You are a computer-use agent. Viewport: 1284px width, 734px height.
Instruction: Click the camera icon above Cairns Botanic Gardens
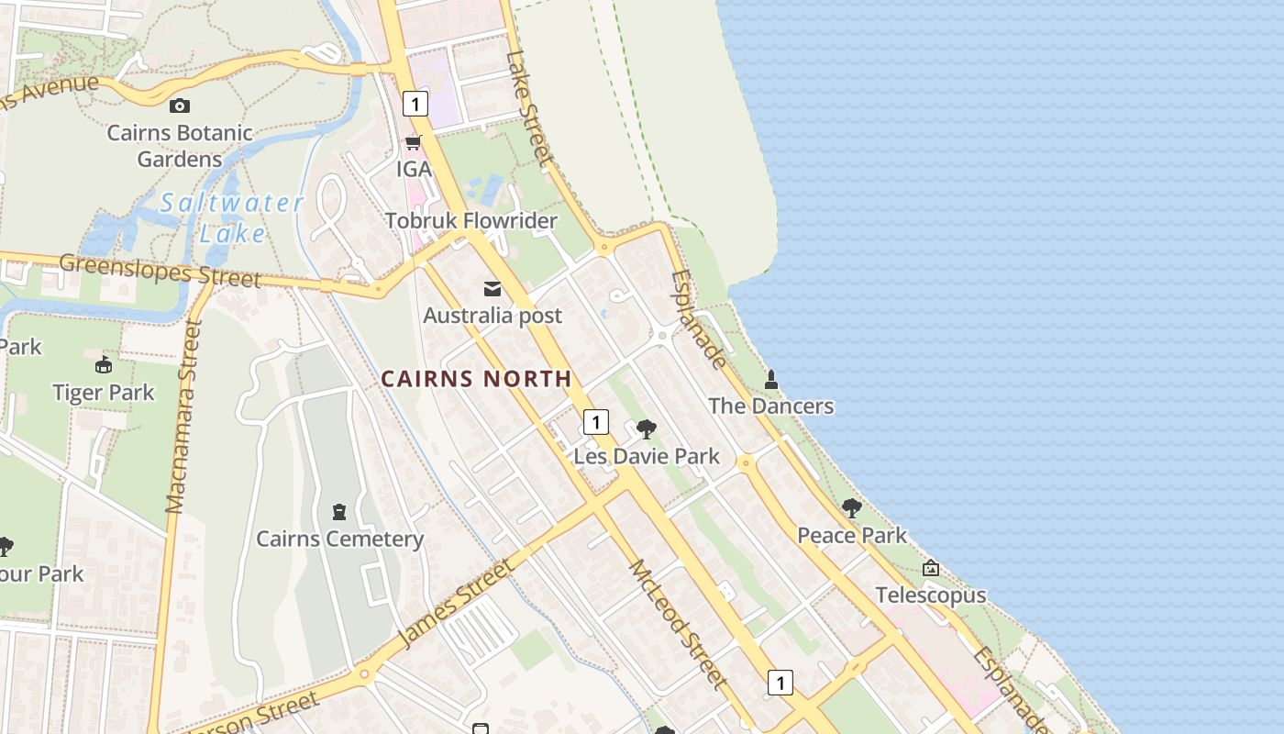coord(180,106)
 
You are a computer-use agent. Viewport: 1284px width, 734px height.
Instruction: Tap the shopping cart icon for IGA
coord(413,142)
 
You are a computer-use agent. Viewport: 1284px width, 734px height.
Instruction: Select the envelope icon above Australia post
coord(493,290)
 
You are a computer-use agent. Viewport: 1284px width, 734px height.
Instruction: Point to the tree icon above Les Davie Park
coord(647,428)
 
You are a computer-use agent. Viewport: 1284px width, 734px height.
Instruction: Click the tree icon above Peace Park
coord(852,507)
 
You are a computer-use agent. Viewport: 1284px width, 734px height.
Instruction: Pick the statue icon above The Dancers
coord(771,379)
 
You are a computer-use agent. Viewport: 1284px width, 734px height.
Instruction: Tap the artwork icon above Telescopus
coord(931,569)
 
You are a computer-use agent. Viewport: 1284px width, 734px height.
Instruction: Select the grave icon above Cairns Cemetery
coord(339,511)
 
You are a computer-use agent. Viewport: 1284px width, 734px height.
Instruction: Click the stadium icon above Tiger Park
coord(104,365)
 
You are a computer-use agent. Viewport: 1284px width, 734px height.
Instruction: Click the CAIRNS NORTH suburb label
coord(476,378)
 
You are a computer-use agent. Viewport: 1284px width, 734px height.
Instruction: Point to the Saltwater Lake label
coord(232,218)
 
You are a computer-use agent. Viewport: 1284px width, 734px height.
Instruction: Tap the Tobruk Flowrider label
coord(471,221)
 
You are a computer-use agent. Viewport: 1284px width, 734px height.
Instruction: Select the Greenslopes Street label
coord(160,271)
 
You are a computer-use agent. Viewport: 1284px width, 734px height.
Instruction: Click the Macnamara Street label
coord(183,417)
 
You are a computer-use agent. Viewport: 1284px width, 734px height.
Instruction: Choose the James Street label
coord(456,603)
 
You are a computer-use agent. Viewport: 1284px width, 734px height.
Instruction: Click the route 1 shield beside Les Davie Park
coord(596,422)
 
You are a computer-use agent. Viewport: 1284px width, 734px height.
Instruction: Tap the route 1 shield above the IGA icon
coord(415,104)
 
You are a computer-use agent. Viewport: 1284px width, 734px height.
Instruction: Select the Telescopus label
coord(931,595)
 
